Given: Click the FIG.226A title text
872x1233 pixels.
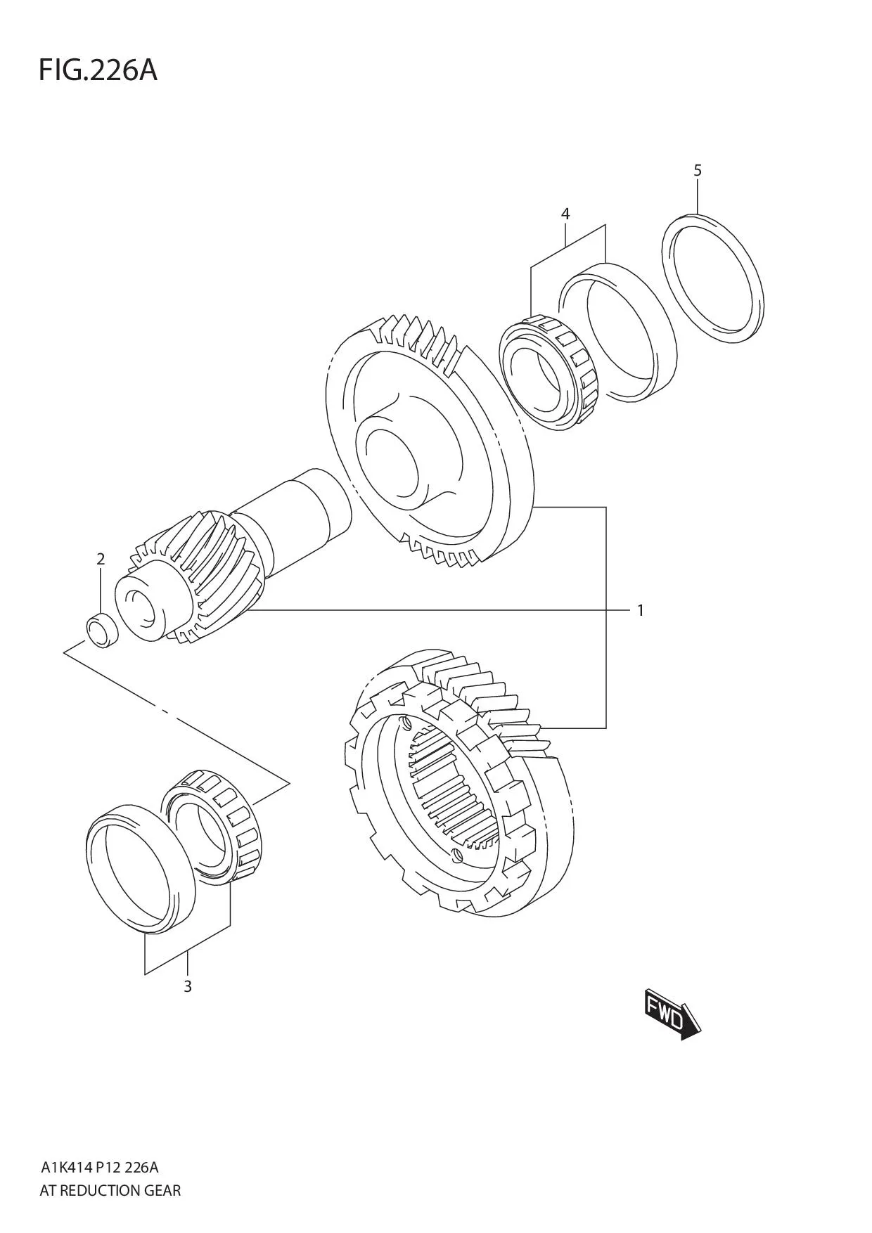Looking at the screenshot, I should [98, 71].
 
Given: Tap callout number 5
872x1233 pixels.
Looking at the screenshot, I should [697, 170].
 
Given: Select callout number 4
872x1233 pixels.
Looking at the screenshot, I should [565, 214].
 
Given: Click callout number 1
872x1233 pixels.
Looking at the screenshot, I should [640, 610].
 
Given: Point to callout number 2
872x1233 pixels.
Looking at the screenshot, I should [101, 560].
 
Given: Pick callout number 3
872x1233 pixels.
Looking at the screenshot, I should [187, 986].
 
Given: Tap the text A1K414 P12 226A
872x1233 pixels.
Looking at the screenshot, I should [99, 1168].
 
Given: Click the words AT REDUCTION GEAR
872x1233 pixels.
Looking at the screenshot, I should [110, 1190].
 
